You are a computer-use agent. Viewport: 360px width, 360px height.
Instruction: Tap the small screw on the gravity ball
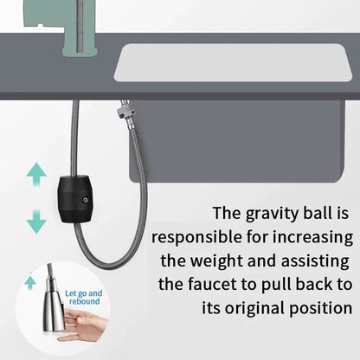point(85,200)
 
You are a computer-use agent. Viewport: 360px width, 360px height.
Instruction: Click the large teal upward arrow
point(36,174)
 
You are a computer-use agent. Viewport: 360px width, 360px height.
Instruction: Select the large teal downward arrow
point(36,222)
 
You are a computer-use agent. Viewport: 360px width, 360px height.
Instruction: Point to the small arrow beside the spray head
point(30,282)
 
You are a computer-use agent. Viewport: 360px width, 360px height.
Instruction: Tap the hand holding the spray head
point(82,325)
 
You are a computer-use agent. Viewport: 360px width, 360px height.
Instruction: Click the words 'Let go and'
point(83,293)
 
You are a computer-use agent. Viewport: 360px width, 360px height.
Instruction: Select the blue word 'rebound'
point(84,302)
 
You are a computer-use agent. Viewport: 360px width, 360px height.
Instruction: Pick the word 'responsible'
point(197,237)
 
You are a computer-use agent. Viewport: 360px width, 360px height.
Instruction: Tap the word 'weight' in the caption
point(217,260)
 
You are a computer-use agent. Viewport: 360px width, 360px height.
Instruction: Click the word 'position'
point(321,309)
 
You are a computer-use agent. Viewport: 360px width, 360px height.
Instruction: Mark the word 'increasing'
point(312,237)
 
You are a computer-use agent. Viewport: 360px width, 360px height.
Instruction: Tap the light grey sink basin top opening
point(233,62)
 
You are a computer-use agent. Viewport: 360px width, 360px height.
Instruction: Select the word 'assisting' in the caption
point(315,261)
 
